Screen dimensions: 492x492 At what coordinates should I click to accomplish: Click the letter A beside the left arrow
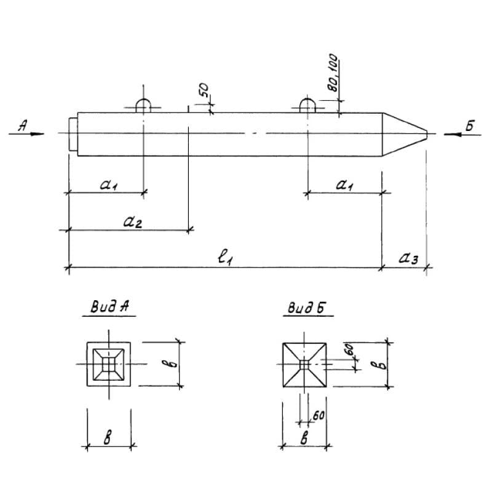tap(23, 125)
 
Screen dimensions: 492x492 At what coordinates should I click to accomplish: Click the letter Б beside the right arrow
tap(470, 126)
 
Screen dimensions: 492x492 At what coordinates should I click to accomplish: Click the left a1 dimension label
tap(108, 184)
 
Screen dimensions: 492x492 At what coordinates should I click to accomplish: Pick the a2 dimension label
tap(132, 222)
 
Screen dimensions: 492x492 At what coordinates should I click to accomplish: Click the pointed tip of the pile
tap(426, 133)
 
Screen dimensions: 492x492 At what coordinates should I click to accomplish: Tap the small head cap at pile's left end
tap(73, 133)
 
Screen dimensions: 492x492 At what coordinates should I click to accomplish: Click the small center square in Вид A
tap(109, 364)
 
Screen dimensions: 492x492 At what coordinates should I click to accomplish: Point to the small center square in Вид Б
tap(304, 365)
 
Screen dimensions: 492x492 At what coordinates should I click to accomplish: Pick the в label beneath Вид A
tap(109, 438)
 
